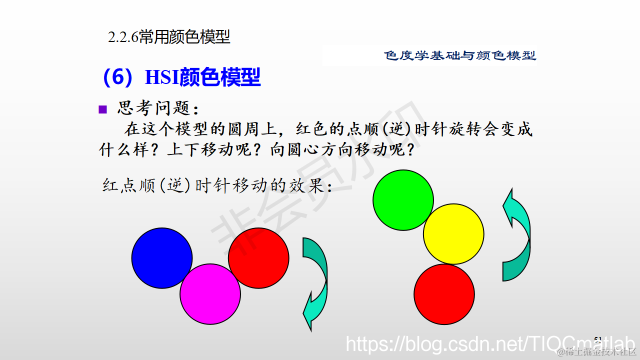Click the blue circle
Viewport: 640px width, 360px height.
pyautogui.click(x=162, y=258)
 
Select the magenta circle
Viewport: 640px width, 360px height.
pyautogui.click(x=210, y=294)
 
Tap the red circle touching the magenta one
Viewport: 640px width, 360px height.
pyautogui.click(x=258, y=257)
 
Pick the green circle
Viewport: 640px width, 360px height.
pyautogui.click(x=403, y=200)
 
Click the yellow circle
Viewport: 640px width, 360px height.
pyautogui.click(x=453, y=233)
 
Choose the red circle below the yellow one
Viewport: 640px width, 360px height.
pyautogui.click(x=444, y=294)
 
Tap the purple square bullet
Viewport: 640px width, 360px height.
pyautogui.click(x=103, y=109)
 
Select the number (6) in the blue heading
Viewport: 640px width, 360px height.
pyautogui.click(x=119, y=77)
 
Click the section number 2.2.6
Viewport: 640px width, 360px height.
pyautogui.click(x=123, y=37)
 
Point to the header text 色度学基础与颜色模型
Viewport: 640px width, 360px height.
pyautogui.click(x=460, y=55)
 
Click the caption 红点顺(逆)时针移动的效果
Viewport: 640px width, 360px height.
pyautogui.click(x=217, y=186)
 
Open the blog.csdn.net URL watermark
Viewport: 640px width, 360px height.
pyautogui.click(x=485, y=344)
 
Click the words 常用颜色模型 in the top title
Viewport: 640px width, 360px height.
pyautogui.click(x=184, y=37)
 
